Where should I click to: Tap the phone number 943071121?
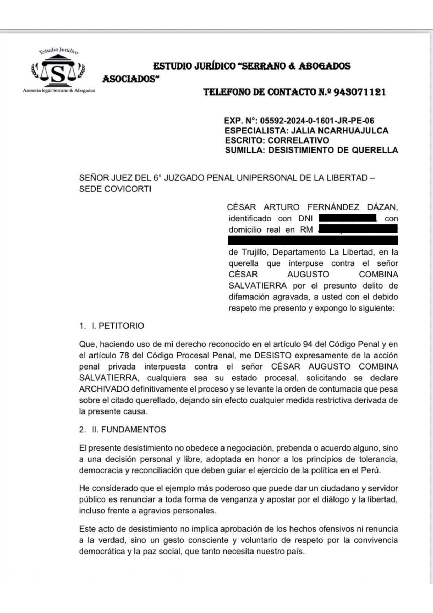pos(359,92)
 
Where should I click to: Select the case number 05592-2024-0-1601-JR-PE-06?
pos(317,121)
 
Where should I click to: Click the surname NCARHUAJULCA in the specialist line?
pos(357,131)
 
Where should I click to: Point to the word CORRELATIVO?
pos(298,140)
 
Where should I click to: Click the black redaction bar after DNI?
pos(347,219)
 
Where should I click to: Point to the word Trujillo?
pos(255,252)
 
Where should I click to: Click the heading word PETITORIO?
pos(121,326)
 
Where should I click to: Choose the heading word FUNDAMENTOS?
pos(133,430)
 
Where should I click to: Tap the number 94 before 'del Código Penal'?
pos(308,344)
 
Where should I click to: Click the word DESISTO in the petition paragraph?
pos(272,356)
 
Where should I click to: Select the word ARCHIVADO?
pos(104,389)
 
